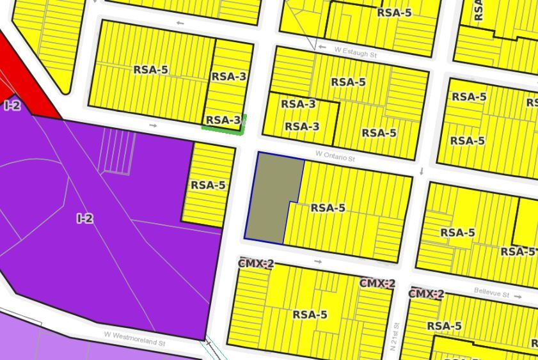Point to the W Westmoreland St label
coord(135,338)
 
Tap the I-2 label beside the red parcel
coord(12,106)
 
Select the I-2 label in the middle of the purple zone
coord(85,219)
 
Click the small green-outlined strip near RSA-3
coord(225,129)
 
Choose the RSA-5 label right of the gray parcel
coord(328,208)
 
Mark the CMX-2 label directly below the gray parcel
coord(256,263)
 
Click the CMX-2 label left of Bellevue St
coord(426,294)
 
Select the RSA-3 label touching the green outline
coord(223,120)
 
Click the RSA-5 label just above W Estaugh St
coord(394,12)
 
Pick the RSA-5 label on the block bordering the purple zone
coord(208,185)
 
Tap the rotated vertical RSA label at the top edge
coord(478,10)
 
